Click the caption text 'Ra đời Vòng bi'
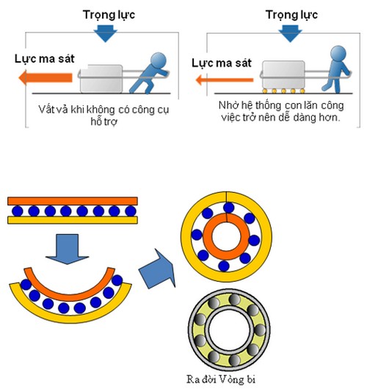(x=221, y=379)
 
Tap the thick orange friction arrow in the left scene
(x=46, y=77)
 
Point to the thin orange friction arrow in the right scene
(x=225, y=80)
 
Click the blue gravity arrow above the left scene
(x=106, y=33)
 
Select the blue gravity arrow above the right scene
(x=290, y=33)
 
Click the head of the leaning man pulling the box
(x=159, y=60)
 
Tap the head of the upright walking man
(x=338, y=53)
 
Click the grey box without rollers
(x=101, y=79)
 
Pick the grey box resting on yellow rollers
(x=283, y=74)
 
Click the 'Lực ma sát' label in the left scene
(x=45, y=59)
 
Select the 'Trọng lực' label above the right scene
(x=291, y=15)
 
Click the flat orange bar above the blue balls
(x=73, y=201)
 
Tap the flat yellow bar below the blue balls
(x=73, y=220)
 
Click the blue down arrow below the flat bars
(x=68, y=249)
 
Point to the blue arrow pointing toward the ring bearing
(x=157, y=269)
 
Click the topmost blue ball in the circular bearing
(x=228, y=208)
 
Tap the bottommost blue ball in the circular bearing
(x=224, y=266)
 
